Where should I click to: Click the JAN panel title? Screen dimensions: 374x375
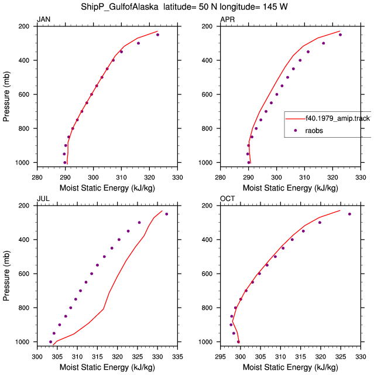(43, 19)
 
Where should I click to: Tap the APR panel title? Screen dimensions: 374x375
(227, 19)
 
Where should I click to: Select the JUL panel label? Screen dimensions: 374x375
(43, 199)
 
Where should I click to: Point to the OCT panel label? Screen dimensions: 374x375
(227, 199)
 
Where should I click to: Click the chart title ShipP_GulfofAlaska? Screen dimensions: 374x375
(119, 7)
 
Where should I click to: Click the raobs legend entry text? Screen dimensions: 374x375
(314, 131)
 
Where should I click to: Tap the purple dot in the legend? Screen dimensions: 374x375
(296, 130)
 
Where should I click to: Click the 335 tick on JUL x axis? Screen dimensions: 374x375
(177, 357)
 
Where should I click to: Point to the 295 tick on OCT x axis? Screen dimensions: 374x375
(220, 357)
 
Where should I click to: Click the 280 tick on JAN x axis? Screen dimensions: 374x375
(37, 178)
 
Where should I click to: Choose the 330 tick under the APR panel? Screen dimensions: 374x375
(361, 178)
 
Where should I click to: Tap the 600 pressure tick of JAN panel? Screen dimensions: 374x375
(24, 94)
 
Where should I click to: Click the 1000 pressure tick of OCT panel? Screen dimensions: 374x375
(205, 342)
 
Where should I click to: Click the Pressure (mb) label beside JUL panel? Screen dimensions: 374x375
(6, 276)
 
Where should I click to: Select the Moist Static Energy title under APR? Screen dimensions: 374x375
(290, 188)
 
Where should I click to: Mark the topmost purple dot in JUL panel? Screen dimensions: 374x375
(166, 214)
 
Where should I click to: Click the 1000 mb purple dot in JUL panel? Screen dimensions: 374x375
(51, 342)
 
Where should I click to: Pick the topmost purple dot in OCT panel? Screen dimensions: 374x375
(349, 214)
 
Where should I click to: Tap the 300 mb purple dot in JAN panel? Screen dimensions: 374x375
(138, 43)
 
